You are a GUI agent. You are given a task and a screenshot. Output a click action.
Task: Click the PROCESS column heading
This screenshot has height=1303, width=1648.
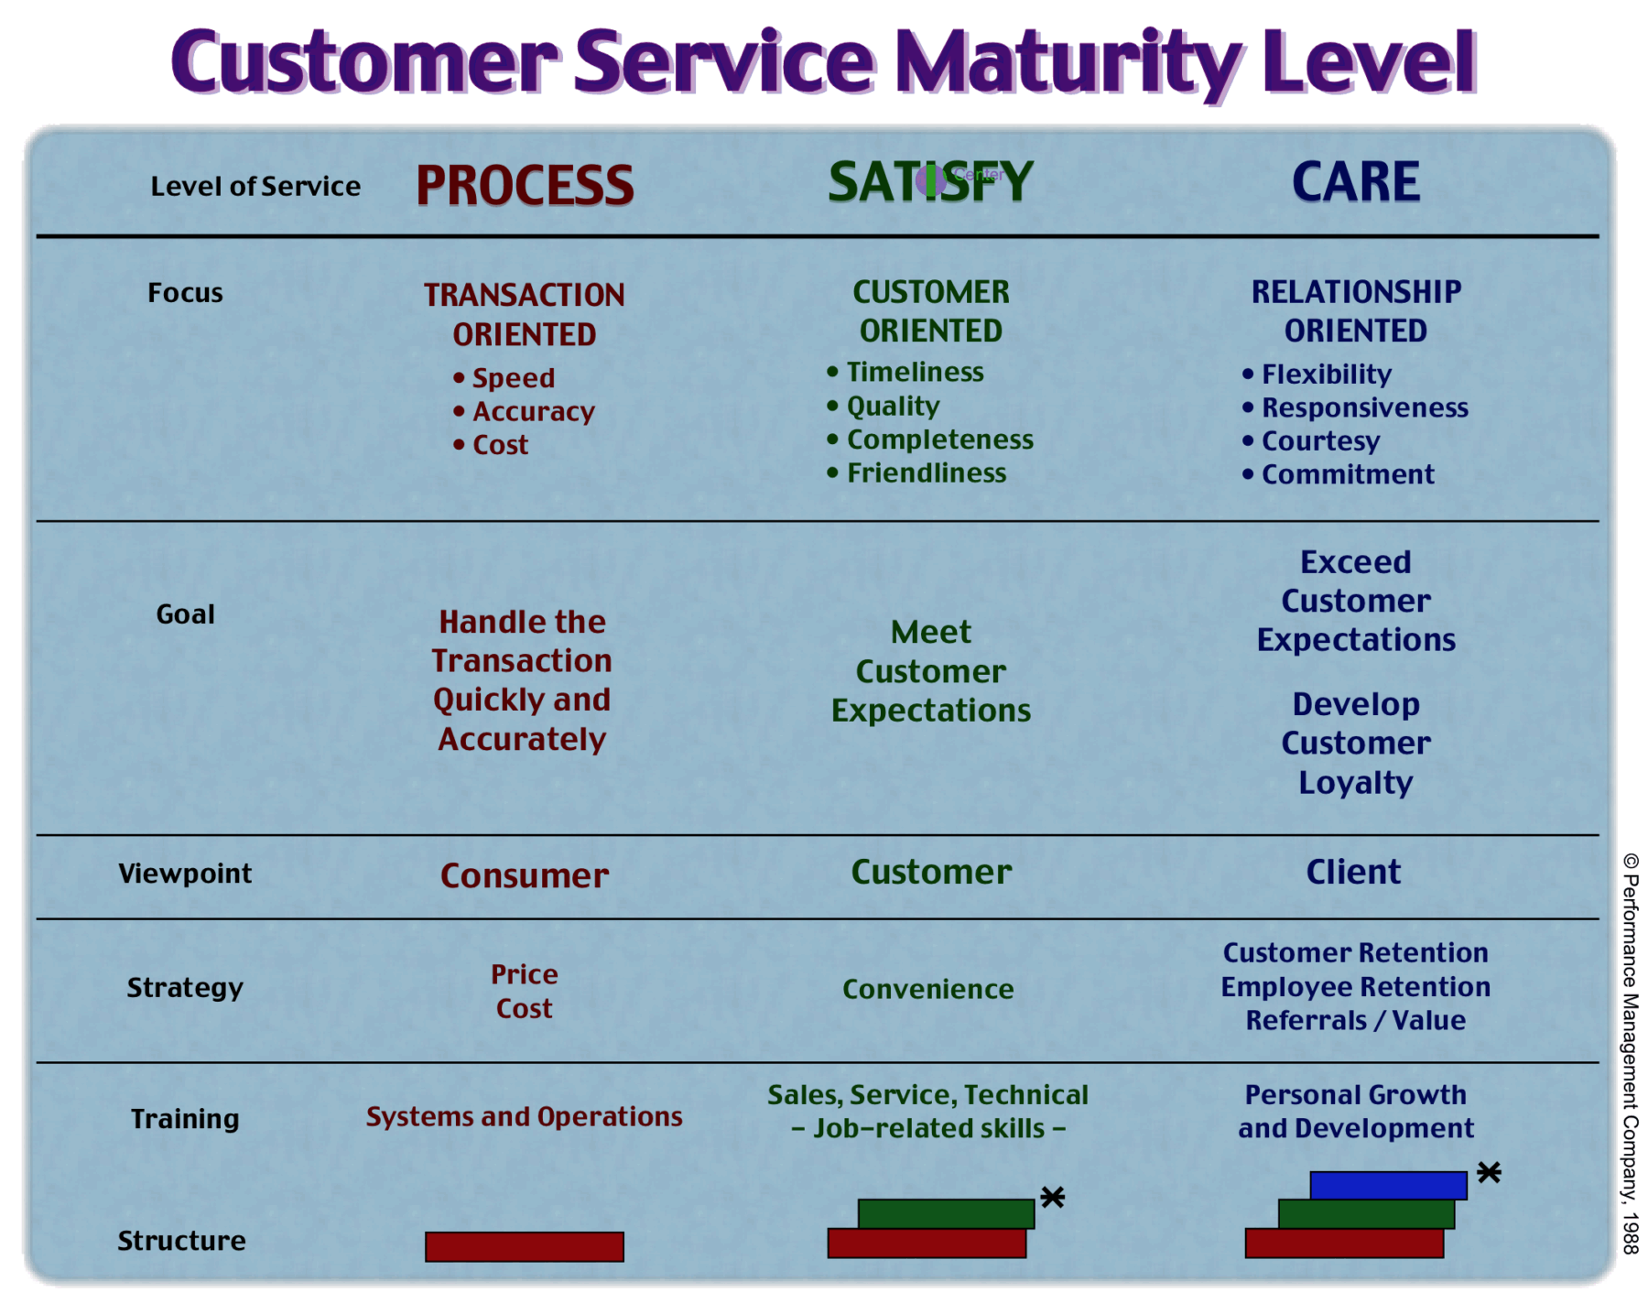(525, 185)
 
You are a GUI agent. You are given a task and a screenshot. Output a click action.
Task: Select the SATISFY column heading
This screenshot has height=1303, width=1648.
(930, 182)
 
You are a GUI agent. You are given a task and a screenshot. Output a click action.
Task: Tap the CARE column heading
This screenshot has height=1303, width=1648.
(1355, 181)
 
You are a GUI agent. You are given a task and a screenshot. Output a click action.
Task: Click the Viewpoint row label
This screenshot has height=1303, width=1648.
(185, 874)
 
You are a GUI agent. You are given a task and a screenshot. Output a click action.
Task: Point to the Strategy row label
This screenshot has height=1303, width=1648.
(185, 987)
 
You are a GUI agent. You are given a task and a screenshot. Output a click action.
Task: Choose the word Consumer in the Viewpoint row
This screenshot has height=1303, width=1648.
(525, 875)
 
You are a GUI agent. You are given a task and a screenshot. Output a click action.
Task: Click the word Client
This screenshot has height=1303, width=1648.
(1353, 872)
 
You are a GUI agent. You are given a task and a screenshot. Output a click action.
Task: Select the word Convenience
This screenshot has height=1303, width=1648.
(928, 989)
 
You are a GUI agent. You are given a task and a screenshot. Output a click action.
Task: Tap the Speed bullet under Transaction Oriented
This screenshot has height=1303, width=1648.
(513, 378)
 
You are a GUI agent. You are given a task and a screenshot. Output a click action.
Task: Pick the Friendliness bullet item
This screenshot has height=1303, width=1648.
(926, 473)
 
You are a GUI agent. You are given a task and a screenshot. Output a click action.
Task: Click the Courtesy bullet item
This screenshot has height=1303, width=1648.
(1320, 441)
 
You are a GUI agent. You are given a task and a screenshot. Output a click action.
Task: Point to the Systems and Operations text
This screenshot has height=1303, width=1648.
(525, 1116)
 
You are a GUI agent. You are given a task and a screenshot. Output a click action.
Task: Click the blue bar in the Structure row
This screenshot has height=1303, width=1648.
(1388, 1185)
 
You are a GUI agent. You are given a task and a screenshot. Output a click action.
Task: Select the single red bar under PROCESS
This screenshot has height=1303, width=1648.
(525, 1246)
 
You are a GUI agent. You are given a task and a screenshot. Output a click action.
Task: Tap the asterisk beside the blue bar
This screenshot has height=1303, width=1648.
(1489, 1173)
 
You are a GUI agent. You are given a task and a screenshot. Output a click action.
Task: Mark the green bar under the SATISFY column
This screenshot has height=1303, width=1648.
(946, 1212)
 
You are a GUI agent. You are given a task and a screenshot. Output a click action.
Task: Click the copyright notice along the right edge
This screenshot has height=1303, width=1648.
(1631, 1053)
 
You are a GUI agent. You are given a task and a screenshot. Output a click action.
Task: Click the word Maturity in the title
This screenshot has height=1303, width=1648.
(1068, 62)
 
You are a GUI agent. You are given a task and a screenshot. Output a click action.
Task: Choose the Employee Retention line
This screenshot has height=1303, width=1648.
(1355, 987)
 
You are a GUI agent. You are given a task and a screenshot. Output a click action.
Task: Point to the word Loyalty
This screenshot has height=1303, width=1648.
(1355, 783)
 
